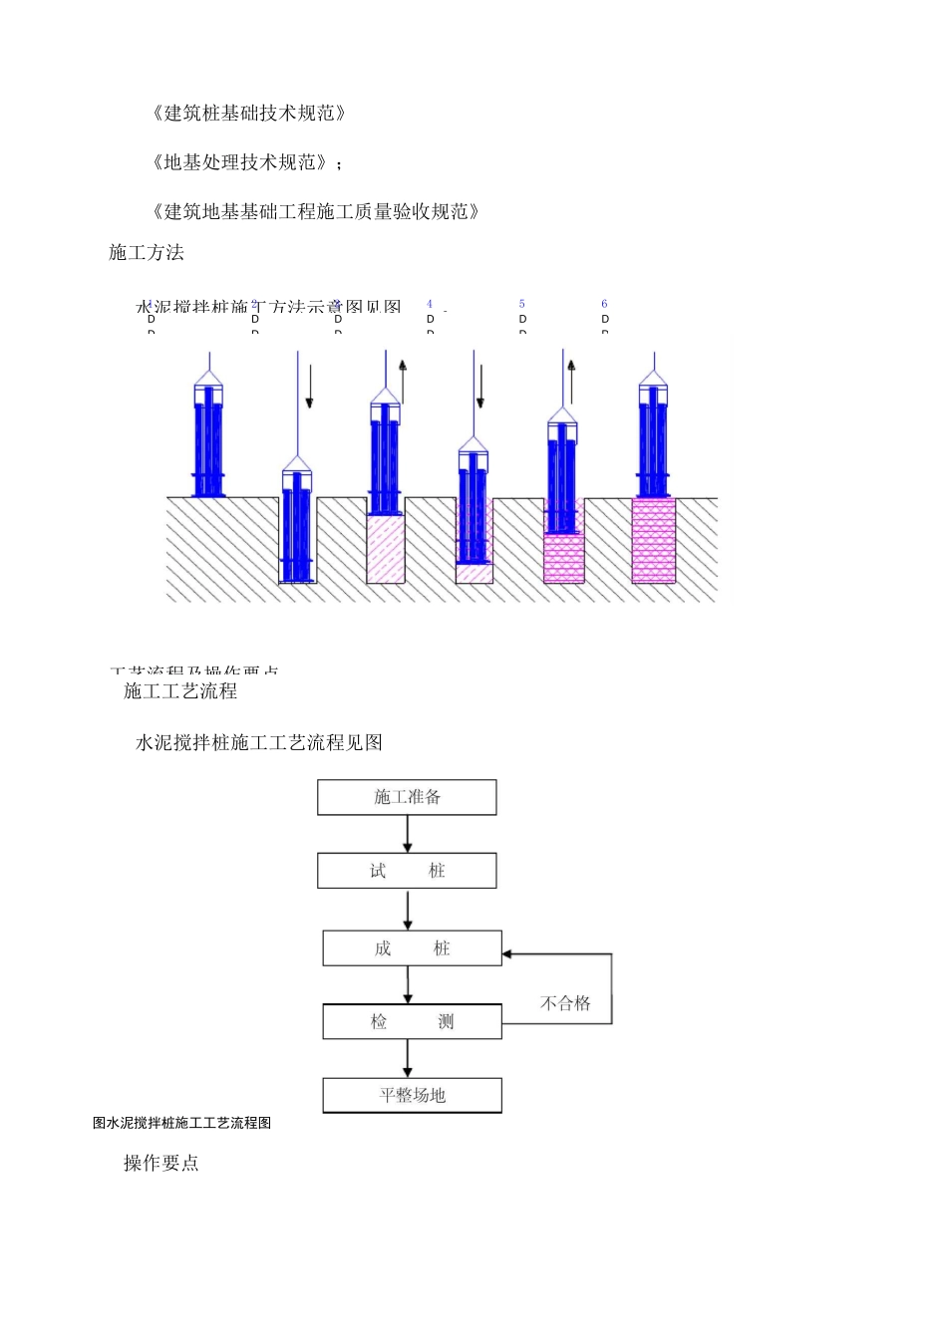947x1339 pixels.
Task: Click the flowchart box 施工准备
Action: coord(407,797)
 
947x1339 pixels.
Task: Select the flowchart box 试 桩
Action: coord(407,871)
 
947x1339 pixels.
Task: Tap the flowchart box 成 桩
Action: coord(412,948)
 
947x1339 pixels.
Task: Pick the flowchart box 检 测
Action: coord(412,1021)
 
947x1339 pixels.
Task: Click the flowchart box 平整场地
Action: coord(412,1095)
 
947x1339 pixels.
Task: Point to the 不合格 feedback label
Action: coord(565,1003)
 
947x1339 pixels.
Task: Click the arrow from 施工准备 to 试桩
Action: coord(407,834)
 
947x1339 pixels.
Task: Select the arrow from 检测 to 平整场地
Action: coord(407,1058)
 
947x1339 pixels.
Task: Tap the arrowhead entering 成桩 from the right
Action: coord(507,954)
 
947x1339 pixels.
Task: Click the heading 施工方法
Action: coord(147,253)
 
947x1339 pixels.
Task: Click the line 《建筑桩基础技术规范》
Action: coord(248,114)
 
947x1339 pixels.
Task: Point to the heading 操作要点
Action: coord(161,1164)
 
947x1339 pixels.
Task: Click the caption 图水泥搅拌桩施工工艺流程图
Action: coord(182,1123)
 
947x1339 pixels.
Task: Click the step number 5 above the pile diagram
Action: coord(521,304)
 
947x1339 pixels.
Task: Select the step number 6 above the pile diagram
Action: coord(604,304)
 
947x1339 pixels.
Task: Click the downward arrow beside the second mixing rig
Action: coord(310,388)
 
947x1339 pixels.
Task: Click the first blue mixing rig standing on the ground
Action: coord(208,438)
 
